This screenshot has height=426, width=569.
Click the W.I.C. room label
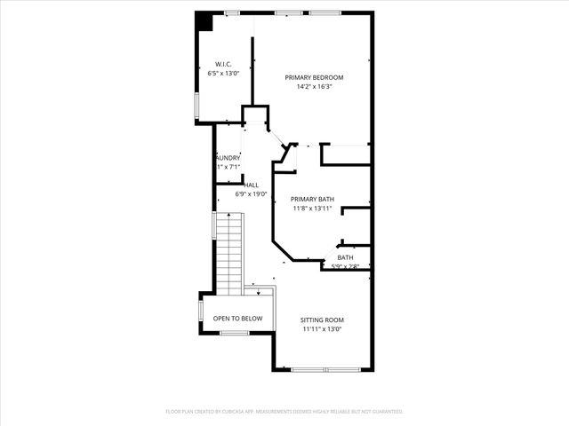tap(223, 64)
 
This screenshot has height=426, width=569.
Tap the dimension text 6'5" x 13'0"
tap(223, 74)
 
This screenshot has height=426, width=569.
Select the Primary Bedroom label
tap(314, 77)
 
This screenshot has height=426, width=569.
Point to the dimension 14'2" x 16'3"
tap(314, 87)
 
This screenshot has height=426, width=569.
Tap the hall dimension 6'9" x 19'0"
tap(252, 193)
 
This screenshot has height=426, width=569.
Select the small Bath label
tap(344, 257)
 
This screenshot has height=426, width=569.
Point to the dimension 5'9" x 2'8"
tap(345, 266)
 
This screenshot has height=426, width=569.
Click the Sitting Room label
tap(322, 319)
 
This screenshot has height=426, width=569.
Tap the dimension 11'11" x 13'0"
tap(322, 329)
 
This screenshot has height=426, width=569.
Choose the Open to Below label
tap(237, 318)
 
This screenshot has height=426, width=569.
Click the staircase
tap(230, 252)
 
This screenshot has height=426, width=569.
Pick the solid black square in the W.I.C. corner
tap(204, 21)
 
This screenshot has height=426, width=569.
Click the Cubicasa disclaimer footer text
tap(284, 412)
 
